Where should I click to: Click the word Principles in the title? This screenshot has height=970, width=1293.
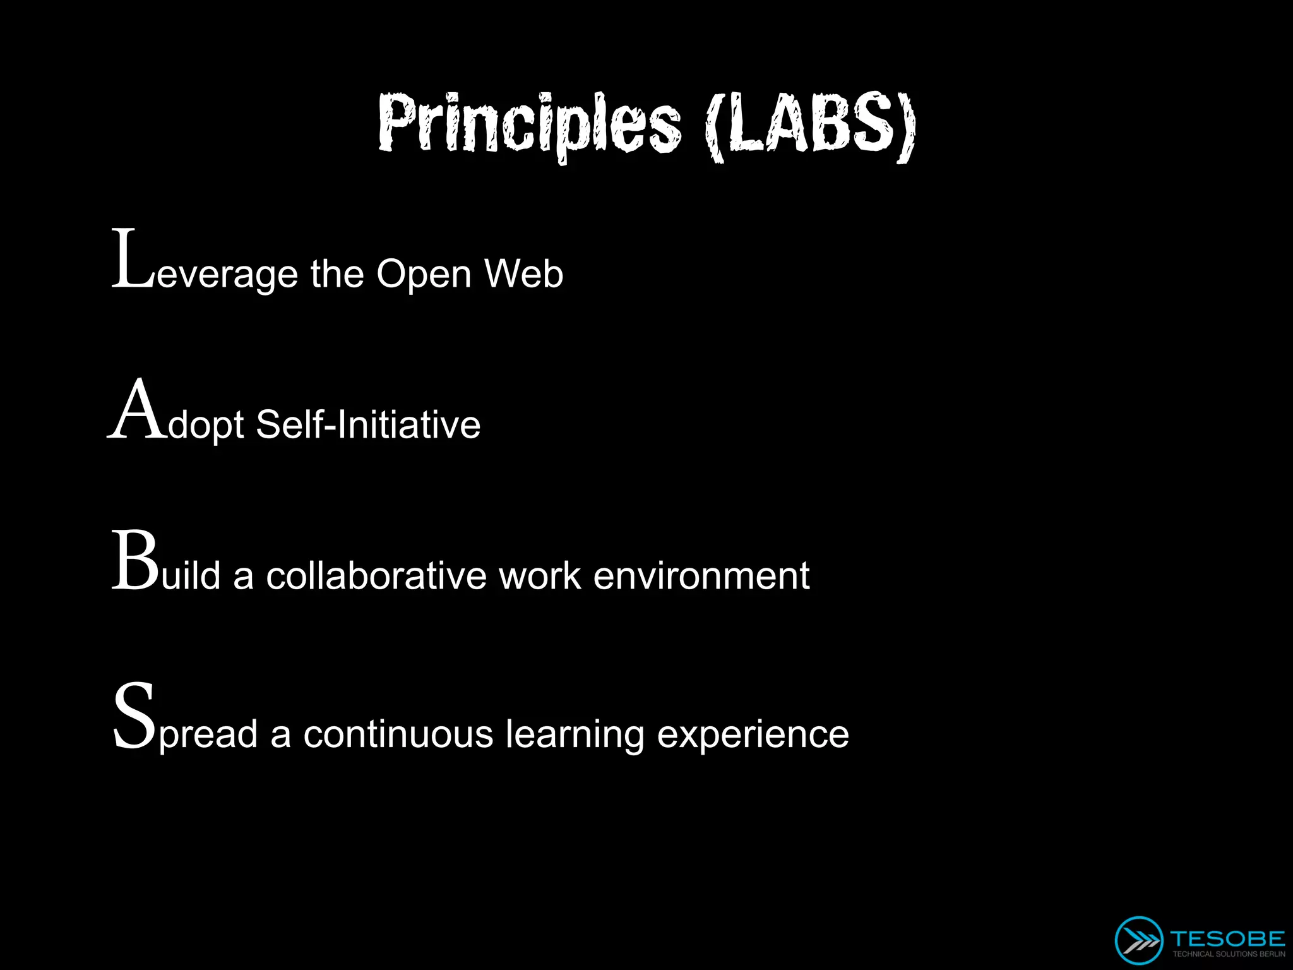tap(529, 124)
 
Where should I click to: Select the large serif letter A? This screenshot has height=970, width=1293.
tap(137, 410)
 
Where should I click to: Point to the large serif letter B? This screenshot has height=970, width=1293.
tap(135, 561)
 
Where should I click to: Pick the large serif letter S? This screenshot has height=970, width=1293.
tap(134, 717)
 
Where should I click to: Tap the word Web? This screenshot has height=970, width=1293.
tap(523, 274)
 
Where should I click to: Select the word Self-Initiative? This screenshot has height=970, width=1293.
tap(368, 424)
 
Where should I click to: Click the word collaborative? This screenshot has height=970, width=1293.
tap(376, 576)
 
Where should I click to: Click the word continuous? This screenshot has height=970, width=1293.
tap(398, 734)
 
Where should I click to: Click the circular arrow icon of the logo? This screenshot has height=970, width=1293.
tap(1138, 940)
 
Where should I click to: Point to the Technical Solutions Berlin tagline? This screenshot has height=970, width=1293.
tap(1228, 954)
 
